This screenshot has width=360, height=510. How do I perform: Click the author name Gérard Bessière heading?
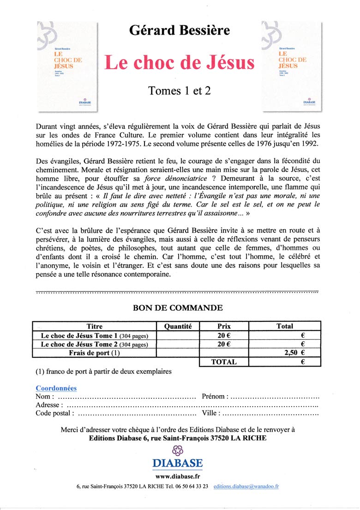[x=179, y=30]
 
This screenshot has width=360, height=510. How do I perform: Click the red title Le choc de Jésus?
[x=179, y=63]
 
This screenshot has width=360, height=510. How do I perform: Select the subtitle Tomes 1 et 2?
[x=179, y=91]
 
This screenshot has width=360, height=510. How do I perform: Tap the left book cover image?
[x=67, y=67]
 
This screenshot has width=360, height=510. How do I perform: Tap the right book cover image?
[x=292, y=66]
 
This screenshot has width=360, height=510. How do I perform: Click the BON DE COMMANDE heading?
[x=178, y=308]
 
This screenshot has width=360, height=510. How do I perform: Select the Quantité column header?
[x=178, y=326]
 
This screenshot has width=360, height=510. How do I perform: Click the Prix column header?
[x=224, y=326]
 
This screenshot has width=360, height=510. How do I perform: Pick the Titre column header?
[x=95, y=326]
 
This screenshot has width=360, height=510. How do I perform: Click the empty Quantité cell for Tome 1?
[x=178, y=336]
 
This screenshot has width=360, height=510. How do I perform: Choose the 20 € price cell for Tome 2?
[x=224, y=344]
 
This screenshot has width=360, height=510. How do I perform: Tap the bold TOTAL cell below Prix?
[x=224, y=362]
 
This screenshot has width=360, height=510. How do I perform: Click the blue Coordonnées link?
[x=56, y=389]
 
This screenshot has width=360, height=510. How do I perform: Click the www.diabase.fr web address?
[x=178, y=476]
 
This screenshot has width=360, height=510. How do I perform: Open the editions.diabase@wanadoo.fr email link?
[x=246, y=486]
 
